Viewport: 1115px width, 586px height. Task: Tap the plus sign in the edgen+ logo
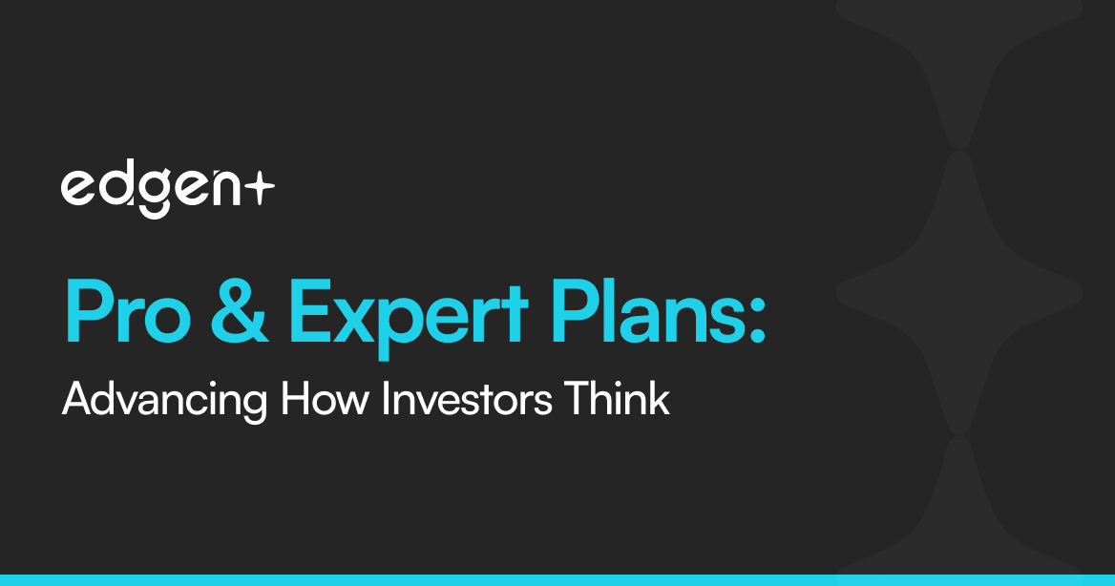pyautogui.click(x=258, y=189)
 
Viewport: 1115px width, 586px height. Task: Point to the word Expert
pyautogui.click(x=409, y=317)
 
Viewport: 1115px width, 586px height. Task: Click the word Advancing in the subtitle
pyautogui.click(x=164, y=402)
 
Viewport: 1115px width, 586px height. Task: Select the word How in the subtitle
pyautogui.click(x=325, y=399)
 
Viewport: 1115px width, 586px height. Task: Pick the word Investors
pyautogui.click(x=467, y=399)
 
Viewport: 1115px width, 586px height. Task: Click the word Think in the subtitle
pyautogui.click(x=618, y=398)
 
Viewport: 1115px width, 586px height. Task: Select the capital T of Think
pyautogui.click(x=579, y=399)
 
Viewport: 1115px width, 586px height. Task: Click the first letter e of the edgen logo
pyautogui.click(x=77, y=189)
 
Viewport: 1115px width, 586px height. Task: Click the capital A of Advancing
pyautogui.click(x=78, y=399)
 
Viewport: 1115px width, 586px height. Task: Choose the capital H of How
pyautogui.click(x=295, y=399)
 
